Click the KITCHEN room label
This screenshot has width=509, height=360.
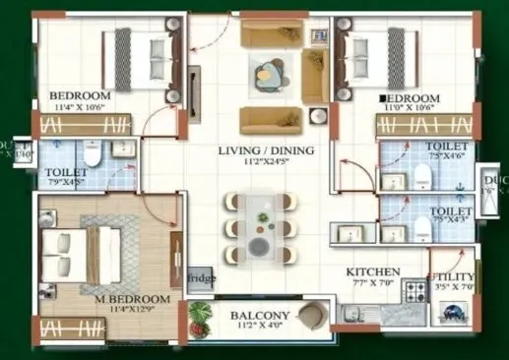click(372, 270)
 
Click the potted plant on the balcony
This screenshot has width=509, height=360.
click(202, 318)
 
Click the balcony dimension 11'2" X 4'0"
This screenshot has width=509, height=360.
click(260, 329)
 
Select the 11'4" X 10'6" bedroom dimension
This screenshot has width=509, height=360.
click(80, 108)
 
